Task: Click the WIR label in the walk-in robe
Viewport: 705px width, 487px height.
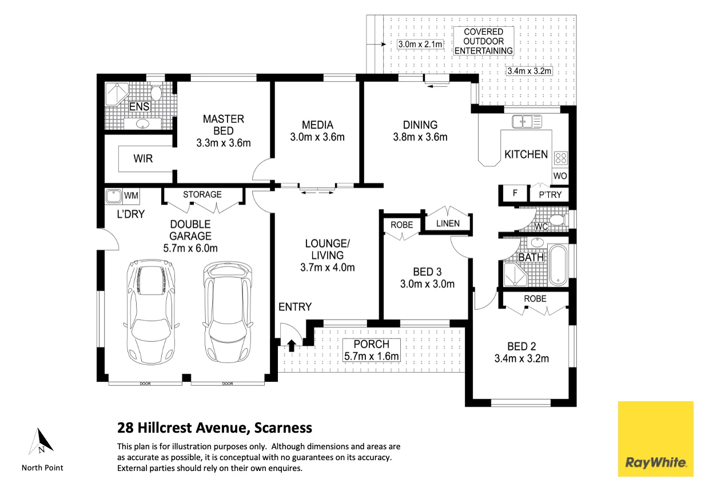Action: pos(143,158)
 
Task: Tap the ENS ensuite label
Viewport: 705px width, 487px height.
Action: pos(139,107)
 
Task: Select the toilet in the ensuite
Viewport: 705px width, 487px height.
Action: pos(156,92)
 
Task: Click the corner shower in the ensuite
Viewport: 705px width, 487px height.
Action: pos(117,94)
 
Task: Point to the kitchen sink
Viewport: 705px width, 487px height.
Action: pos(527,122)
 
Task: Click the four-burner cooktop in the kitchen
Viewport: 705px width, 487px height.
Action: pos(561,158)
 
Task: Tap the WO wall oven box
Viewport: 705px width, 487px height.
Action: pos(560,176)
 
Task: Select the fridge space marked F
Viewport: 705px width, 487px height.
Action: pos(515,193)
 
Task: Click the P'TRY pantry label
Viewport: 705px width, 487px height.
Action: pos(550,195)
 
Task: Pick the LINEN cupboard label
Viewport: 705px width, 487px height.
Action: pos(448,223)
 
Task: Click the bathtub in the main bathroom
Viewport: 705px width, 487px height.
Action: pos(557,265)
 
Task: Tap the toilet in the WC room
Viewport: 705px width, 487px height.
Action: pos(557,220)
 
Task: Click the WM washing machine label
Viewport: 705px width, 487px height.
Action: pos(131,195)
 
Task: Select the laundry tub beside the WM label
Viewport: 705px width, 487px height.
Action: pos(113,196)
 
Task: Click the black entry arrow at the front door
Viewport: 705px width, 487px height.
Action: pos(292,345)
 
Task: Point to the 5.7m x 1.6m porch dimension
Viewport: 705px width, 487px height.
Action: pos(372,356)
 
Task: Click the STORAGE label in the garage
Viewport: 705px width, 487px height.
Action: pos(202,194)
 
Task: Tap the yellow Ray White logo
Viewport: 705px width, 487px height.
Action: pos(656,439)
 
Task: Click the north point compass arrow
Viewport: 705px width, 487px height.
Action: pos(42,441)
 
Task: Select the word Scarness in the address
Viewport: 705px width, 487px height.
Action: pos(283,428)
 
